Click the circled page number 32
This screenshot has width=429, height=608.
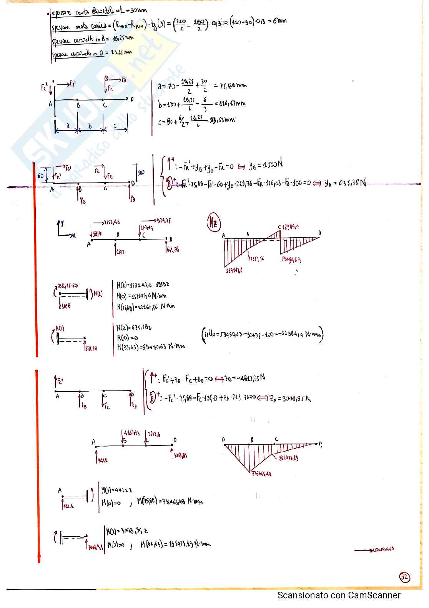(x=404, y=577)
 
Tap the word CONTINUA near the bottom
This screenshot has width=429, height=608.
(x=383, y=549)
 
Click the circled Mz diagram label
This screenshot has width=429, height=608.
(x=213, y=223)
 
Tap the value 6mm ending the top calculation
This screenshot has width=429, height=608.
(x=279, y=22)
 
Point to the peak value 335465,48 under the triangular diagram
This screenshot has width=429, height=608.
(x=261, y=474)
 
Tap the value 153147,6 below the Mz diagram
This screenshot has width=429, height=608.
(x=234, y=270)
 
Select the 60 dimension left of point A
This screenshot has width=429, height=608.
(x=40, y=175)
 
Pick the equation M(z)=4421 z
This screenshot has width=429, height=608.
(x=117, y=490)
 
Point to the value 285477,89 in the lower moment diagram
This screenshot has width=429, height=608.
(x=289, y=458)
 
